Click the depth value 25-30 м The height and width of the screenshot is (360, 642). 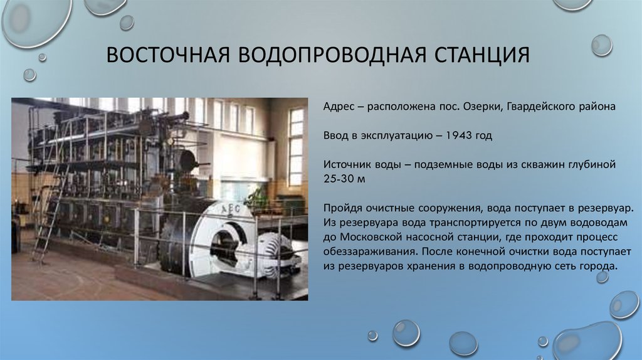point(344,178)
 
